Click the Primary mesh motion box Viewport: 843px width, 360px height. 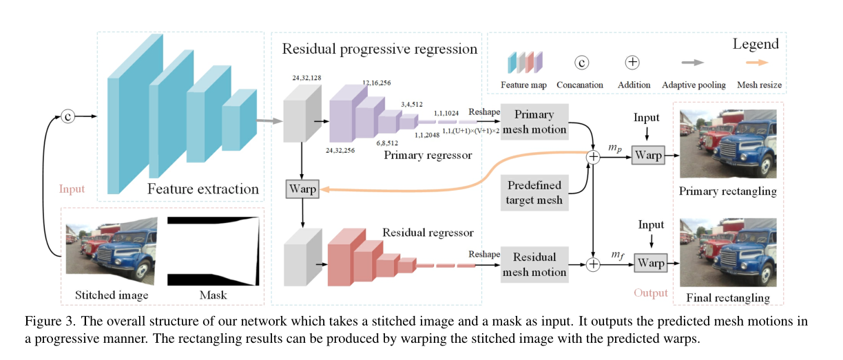[535, 121]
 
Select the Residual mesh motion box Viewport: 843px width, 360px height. [535, 264]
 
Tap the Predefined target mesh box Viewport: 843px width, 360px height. [534, 193]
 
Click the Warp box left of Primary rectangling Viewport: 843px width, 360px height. [649, 156]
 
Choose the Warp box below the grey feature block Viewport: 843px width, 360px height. [302, 188]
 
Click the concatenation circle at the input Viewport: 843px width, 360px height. [67, 116]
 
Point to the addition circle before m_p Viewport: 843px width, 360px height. [592, 157]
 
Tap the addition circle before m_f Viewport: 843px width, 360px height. [592, 264]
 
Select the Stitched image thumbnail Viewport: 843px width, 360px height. [113, 250]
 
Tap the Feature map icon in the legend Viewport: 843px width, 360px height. [525, 63]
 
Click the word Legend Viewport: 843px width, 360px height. [755, 44]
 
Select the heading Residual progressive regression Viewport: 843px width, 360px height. [379, 49]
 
